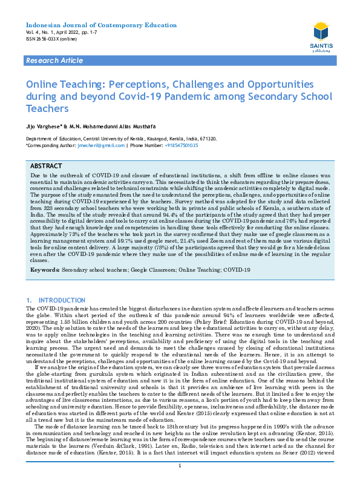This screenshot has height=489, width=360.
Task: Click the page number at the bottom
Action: tap(180, 482)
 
